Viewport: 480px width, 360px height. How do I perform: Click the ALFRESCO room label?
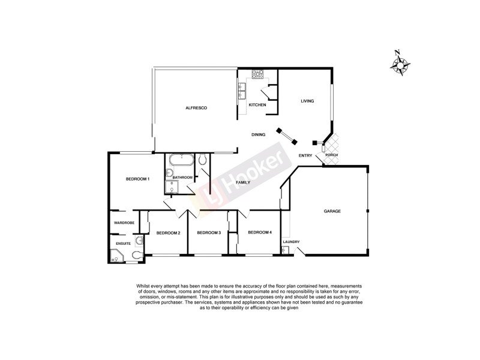click(x=196, y=107)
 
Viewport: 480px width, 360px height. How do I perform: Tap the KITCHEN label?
click(x=257, y=105)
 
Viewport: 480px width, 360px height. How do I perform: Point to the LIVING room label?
click(x=307, y=101)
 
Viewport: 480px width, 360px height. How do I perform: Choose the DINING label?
click(x=259, y=134)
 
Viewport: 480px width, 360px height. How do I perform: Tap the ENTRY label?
click(x=305, y=156)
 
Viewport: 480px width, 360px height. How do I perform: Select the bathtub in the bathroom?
click(x=181, y=161)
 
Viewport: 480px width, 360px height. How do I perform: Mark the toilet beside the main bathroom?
click(x=203, y=159)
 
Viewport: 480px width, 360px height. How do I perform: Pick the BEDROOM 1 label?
click(x=137, y=179)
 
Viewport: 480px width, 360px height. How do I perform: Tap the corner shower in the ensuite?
click(x=116, y=257)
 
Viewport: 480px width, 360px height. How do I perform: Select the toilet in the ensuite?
click(x=136, y=256)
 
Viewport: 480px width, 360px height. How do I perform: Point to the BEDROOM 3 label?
click(x=209, y=233)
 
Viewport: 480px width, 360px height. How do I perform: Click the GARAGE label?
click(x=332, y=211)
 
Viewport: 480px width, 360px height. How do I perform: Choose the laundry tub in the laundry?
click(x=284, y=251)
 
